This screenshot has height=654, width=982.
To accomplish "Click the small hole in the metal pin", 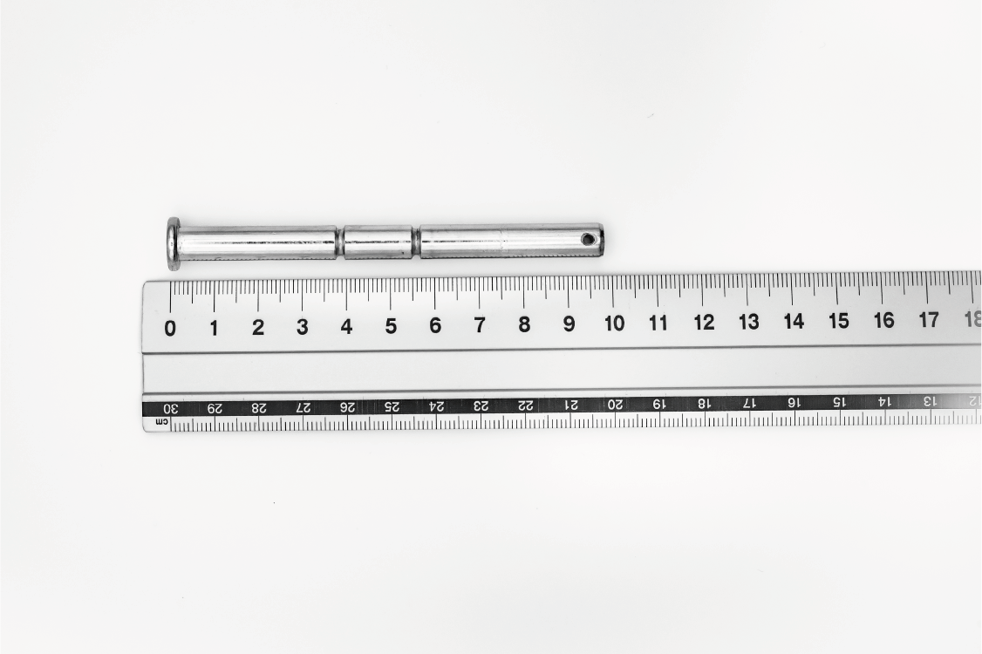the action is click(588, 239).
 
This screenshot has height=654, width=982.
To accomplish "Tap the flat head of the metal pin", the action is click(173, 243).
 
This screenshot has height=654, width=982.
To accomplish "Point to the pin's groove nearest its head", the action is click(340, 242).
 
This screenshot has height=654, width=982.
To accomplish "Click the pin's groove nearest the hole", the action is click(416, 242).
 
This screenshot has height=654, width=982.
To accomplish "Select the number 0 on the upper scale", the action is click(170, 328).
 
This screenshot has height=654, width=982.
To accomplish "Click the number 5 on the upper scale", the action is click(391, 326).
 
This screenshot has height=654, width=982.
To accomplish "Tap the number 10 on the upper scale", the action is click(614, 324).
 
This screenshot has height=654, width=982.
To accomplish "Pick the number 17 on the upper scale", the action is click(928, 320).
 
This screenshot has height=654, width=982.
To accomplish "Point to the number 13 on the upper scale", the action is click(748, 322).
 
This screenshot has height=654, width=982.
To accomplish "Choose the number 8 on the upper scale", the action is click(524, 324).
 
